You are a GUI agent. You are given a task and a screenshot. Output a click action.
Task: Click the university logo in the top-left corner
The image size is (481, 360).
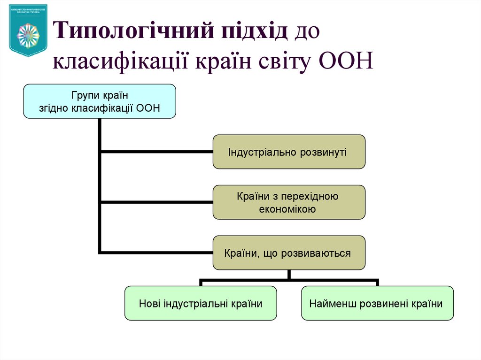[x=28, y=30]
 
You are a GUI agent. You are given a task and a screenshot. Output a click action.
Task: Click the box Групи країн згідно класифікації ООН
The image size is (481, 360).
[x=100, y=101]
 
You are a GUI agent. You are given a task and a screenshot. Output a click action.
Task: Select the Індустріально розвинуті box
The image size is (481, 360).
[x=289, y=152]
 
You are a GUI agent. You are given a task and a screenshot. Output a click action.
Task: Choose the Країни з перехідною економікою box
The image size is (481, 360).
[x=289, y=202]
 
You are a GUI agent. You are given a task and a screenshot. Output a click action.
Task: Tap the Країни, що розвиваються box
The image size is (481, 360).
[x=289, y=253]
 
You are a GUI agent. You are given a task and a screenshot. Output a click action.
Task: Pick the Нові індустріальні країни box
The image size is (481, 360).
[x=201, y=303]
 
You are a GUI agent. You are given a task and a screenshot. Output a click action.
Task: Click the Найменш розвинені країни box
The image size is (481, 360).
[x=377, y=303]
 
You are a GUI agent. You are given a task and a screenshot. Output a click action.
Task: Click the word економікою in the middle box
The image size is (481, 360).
[x=287, y=209]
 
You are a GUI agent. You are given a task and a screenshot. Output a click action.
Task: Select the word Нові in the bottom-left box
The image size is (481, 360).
[x=150, y=303]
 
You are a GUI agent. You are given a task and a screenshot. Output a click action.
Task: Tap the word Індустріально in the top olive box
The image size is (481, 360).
[x=258, y=152]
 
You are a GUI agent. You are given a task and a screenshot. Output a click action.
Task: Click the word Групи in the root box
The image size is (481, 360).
[x=85, y=95]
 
